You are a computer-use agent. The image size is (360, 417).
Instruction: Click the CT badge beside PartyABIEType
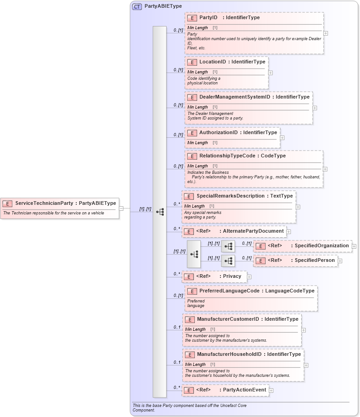pos(137,6)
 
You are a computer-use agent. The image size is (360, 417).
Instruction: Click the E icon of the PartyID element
pos(192,18)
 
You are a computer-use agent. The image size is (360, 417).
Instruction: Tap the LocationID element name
pos(213,62)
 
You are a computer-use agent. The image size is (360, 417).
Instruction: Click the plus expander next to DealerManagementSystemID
pos(315,108)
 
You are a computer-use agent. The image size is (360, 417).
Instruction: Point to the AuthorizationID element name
pos(218,132)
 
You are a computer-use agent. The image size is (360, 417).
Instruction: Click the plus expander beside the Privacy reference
pos(249,276)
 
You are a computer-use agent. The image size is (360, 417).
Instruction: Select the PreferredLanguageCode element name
pos(229,291)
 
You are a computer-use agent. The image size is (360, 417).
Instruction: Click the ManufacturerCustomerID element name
pos(228,319)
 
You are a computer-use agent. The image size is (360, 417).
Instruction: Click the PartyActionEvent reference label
pos(244,390)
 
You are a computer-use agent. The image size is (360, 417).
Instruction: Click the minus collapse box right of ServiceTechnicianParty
pos(121,208)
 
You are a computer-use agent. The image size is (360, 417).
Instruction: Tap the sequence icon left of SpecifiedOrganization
pos(228,246)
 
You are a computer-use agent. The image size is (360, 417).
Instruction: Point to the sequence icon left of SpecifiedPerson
pos(228,261)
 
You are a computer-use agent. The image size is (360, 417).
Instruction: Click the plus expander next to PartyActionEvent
pos(271,390)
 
